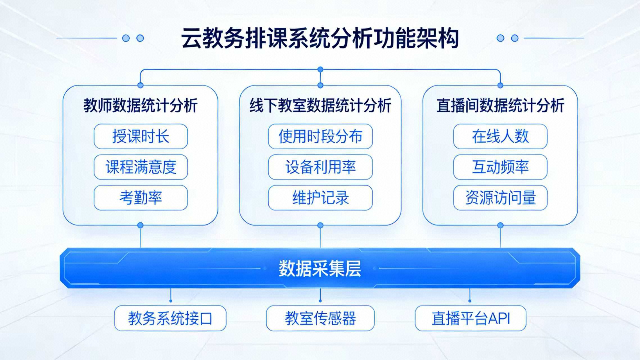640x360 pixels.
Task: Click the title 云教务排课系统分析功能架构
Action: click(x=320, y=38)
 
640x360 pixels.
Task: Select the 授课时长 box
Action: click(x=141, y=136)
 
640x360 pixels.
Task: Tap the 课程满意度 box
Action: click(x=141, y=167)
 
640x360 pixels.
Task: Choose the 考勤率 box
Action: click(x=141, y=198)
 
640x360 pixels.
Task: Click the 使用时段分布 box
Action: click(x=320, y=136)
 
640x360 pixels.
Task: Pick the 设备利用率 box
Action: click(x=320, y=167)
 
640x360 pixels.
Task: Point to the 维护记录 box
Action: click(x=320, y=198)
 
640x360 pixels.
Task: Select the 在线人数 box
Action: click(x=500, y=136)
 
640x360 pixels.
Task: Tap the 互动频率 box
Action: click(x=500, y=167)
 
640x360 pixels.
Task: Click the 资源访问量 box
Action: click(x=500, y=198)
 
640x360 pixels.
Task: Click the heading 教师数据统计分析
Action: click(x=141, y=106)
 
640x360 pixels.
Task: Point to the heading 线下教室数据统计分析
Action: click(x=320, y=106)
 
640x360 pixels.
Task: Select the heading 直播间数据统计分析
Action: click(x=500, y=106)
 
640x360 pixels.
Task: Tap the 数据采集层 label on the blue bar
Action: click(x=320, y=268)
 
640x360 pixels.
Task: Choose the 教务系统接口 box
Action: click(x=170, y=318)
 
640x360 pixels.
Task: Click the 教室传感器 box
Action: click(x=320, y=318)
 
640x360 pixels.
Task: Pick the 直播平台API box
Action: click(x=470, y=318)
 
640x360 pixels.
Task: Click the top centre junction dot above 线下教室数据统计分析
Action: click(x=320, y=69)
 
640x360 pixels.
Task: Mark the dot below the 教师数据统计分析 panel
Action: click(x=141, y=225)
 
